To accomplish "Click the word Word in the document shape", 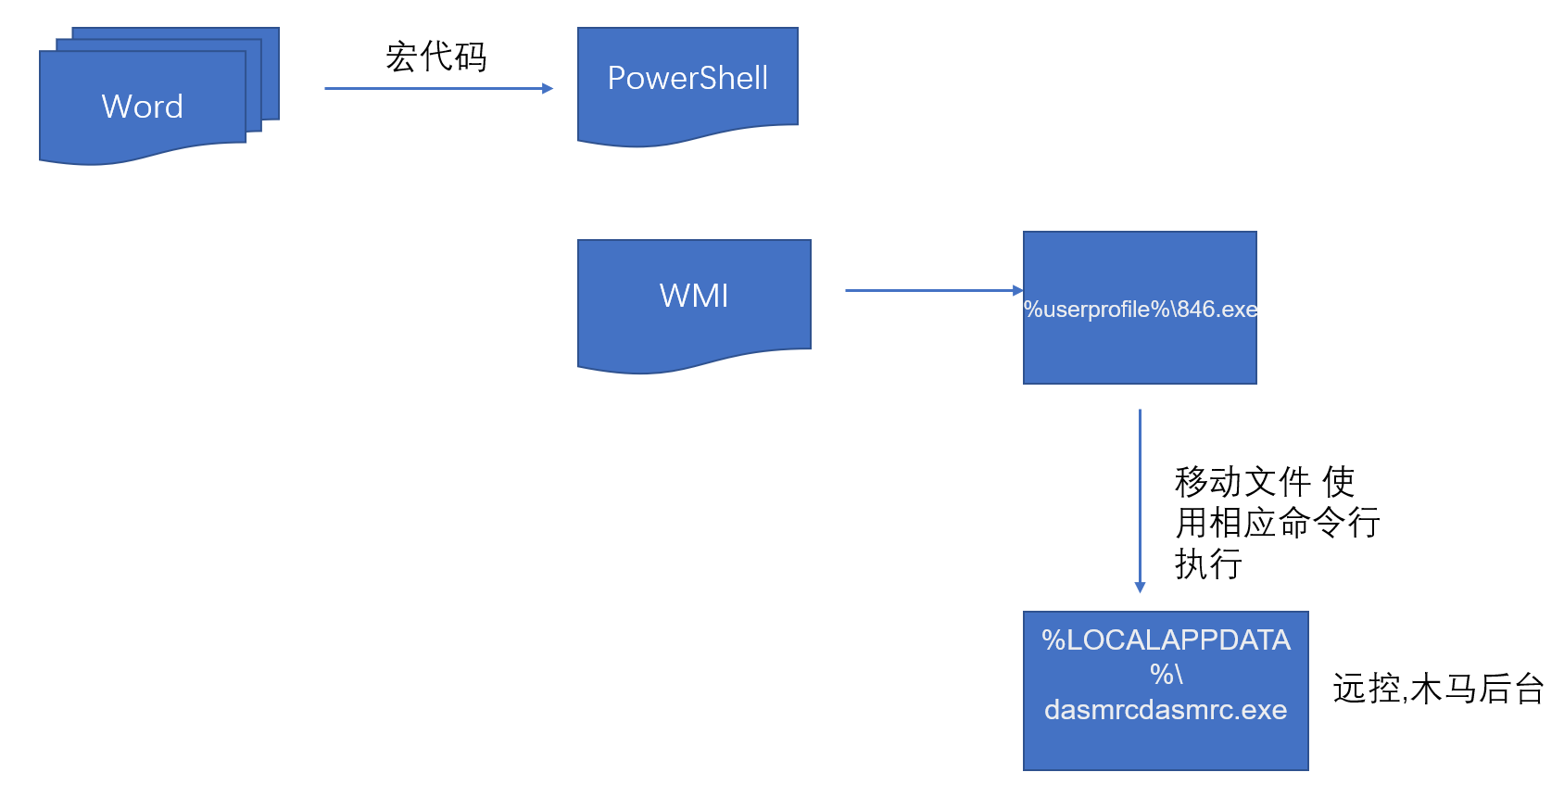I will [x=142, y=107].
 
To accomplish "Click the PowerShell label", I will [x=687, y=78].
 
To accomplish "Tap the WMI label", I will [x=694, y=296].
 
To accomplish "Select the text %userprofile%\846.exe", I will [x=1141, y=309].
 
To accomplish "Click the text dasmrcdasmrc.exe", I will [x=1166, y=710].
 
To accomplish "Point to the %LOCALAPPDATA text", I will [x=1166, y=640].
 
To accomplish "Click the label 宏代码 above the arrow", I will [x=435, y=57].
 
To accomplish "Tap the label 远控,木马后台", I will [x=1438, y=689].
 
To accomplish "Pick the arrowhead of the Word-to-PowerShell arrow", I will [x=548, y=88].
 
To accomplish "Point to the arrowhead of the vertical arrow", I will [x=1140, y=587].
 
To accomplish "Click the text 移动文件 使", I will [x=1264, y=482].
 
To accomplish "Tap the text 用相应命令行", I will [x=1278, y=523].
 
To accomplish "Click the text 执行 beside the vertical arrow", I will [x=1208, y=563].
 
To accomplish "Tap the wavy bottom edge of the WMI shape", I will [x=693, y=364].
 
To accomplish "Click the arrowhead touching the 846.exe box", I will [x=1017, y=290].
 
